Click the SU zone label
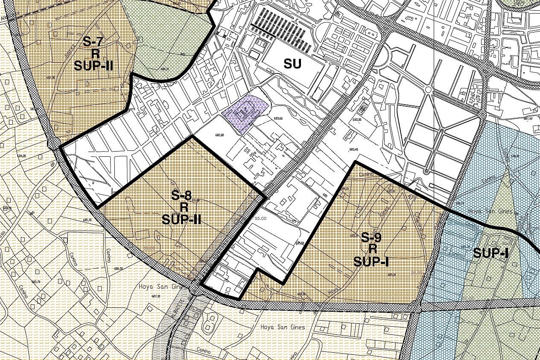[292, 64]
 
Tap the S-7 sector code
[93, 41]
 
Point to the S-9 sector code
[371, 237]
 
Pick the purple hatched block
[245, 114]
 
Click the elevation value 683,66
[279, 118]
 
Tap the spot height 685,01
[220, 135]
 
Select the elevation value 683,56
[357, 120]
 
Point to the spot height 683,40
[353, 149]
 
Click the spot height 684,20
[9, 156]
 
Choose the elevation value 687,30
[156, 296]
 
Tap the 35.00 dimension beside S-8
[260, 218]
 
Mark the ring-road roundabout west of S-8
[55, 143]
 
